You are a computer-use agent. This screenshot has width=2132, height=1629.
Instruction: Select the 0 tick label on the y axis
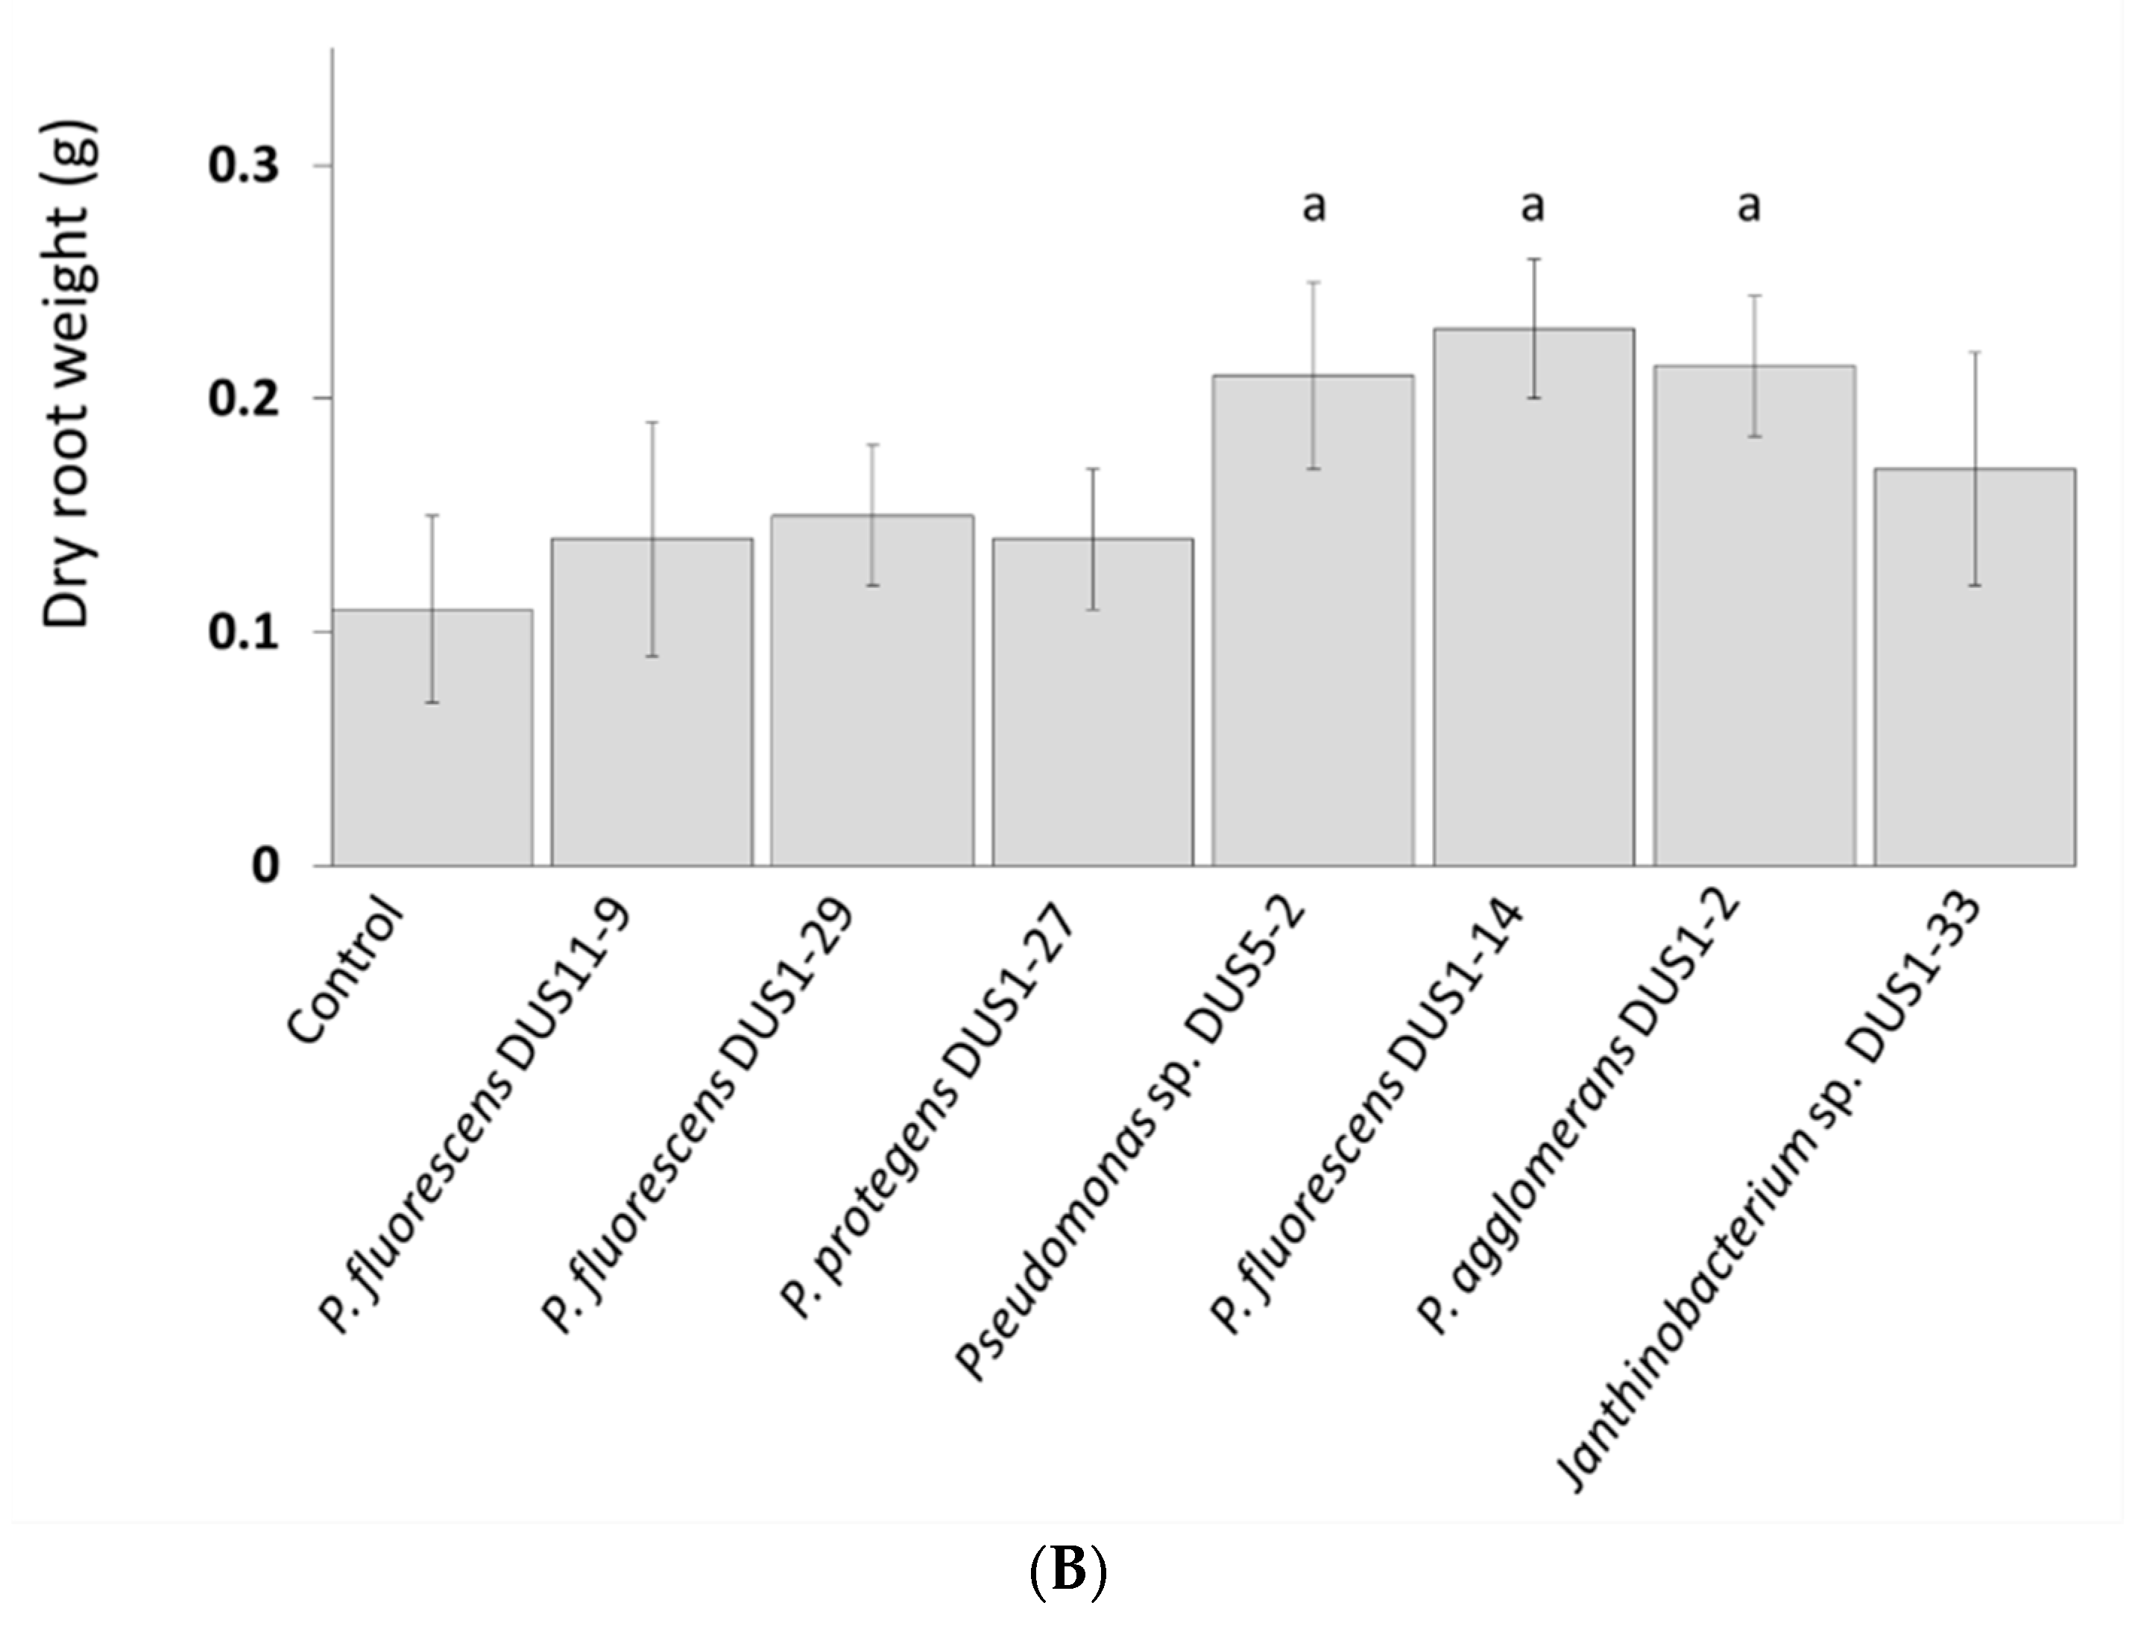pos(265,865)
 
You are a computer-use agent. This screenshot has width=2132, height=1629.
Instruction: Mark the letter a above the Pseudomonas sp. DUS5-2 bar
pos(1313,206)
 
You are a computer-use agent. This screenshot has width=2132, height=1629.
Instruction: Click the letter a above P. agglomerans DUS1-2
pos(1749,206)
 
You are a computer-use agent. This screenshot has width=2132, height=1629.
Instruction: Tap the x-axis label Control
pos(345,970)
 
